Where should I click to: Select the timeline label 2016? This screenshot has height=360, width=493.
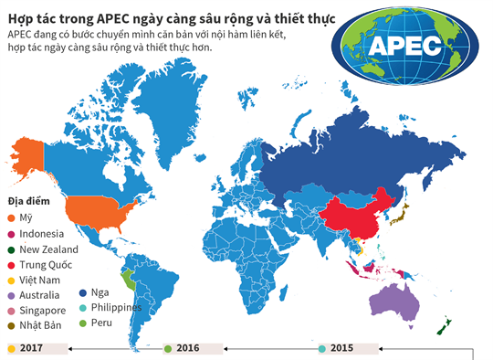(x=187, y=348)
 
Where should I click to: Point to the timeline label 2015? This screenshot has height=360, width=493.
(x=342, y=348)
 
